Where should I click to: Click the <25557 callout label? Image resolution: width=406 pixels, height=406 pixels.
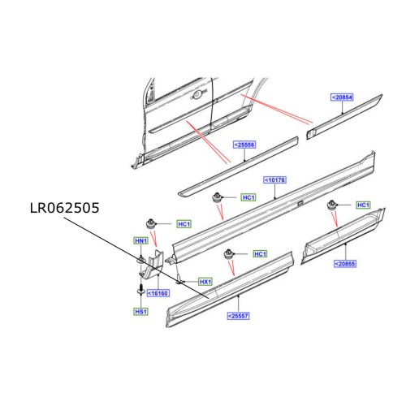tap(238, 315)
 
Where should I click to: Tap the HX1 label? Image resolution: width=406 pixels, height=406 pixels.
tap(205, 282)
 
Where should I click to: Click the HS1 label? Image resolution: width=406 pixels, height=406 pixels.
tap(142, 311)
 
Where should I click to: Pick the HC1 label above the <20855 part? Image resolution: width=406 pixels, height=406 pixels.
tap(363, 205)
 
